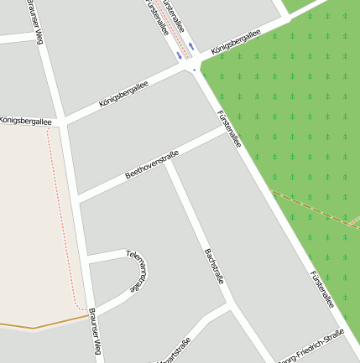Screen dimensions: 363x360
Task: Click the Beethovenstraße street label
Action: (154, 163)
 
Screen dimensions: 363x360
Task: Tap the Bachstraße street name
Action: (214, 266)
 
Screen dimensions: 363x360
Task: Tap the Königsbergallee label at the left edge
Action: (25, 121)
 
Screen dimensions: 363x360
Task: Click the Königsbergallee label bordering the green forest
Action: (236, 41)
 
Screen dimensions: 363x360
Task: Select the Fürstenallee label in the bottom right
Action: (322, 289)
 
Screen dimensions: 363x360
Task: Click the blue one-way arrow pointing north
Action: (191, 45)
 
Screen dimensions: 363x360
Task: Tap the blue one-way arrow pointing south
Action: (178, 55)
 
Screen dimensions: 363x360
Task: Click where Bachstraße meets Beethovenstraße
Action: (168, 162)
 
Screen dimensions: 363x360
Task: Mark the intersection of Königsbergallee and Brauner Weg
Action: (61, 124)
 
